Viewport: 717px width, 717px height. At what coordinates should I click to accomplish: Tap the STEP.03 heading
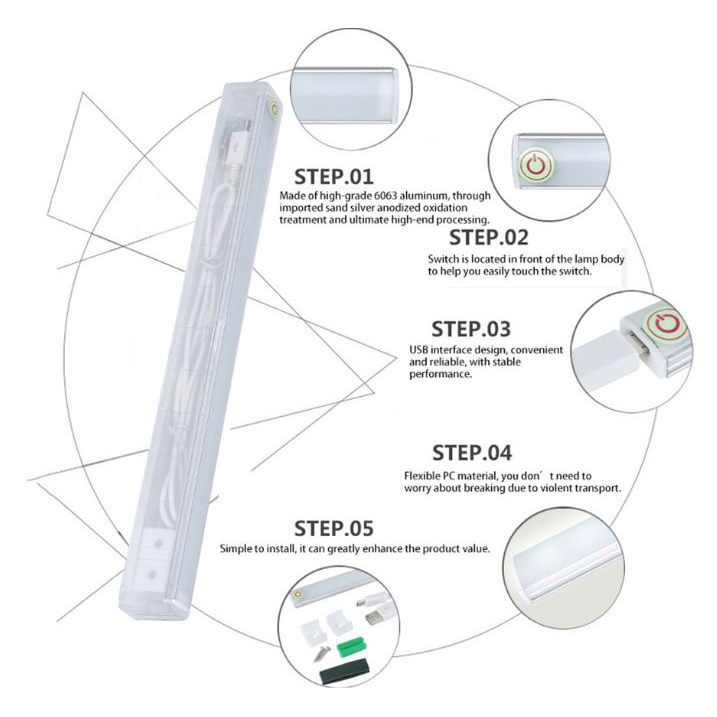pos(470,329)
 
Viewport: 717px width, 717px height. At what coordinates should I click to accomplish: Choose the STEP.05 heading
pos(333,528)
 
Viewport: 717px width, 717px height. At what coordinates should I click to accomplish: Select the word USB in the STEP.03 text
pos(418,349)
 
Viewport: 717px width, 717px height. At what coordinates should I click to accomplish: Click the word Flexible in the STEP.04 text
pos(423,476)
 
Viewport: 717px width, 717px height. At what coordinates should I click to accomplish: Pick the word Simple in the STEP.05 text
pos(237,549)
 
